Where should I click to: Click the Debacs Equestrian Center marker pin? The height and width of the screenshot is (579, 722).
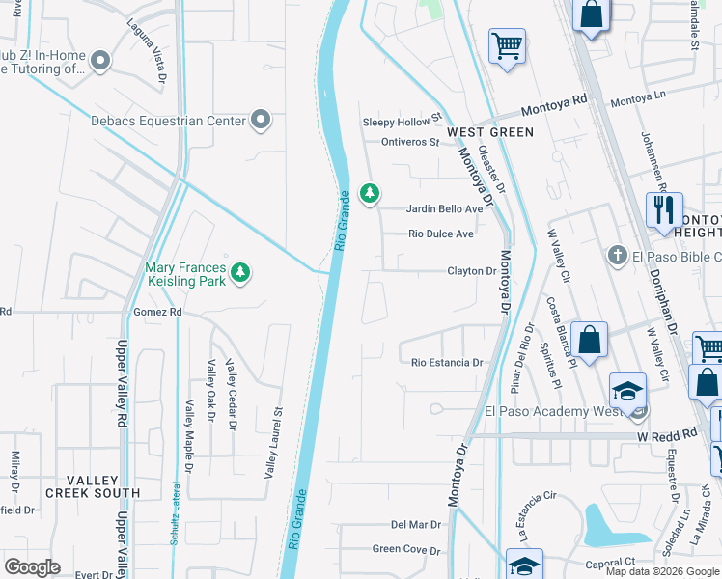pyautogui.click(x=260, y=120)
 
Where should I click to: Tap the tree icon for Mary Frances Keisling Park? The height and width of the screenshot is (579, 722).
pyautogui.click(x=239, y=274)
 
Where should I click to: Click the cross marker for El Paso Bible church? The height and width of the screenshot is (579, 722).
pyautogui.click(x=617, y=256)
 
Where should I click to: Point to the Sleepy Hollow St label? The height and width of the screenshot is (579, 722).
pyautogui.click(x=402, y=122)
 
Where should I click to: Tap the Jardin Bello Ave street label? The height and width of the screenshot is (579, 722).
pyautogui.click(x=444, y=208)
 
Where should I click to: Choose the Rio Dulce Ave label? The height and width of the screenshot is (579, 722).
pyautogui.click(x=441, y=234)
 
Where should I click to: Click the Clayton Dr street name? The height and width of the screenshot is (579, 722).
pyautogui.click(x=471, y=271)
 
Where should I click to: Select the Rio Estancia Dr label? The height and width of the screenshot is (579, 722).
pyautogui.click(x=447, y=363)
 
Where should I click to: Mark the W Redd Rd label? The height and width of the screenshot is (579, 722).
pyautogui.click(x=665, y=435)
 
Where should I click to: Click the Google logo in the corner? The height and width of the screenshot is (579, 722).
pyautogui.click(x=32, y=566)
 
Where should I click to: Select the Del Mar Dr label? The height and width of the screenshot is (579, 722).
pyautogui.click(x=416, y=525)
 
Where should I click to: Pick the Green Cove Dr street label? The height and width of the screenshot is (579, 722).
pyautogui.click(x=406, y=550)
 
